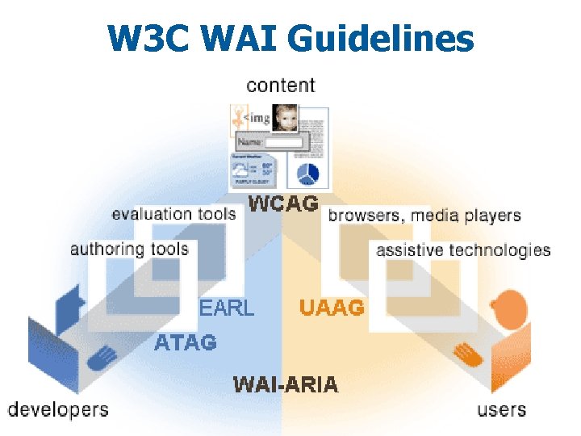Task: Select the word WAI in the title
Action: (x=239, y=38)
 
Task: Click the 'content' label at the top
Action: (x=281, y=85)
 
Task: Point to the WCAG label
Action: (x=282, y=204)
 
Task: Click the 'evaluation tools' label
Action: (x=173, y=214)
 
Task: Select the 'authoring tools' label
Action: (x=129, y=249)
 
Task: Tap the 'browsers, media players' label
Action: (x=424, y=216)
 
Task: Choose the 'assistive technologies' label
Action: (x=463, y=250)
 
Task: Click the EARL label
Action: (x=227, y=308)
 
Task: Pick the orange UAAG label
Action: (x=332, y=308)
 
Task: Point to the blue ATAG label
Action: (x=186, y=343)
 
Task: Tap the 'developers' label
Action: (x=58, y=409)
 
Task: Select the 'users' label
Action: (x=501, y=410)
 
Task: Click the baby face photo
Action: (x=284, y=118)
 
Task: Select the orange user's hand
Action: (x=467, y=353)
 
